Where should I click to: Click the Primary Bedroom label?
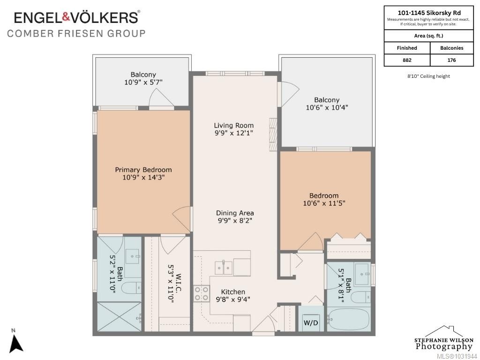[143, 170]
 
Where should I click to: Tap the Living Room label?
[233, 126]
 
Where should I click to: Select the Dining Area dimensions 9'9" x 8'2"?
[235, 221]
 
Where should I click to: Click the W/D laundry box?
[311, 318]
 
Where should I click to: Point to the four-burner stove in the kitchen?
[202, 293]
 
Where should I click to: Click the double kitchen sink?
[224, 268]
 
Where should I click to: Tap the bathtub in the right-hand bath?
[349, 319]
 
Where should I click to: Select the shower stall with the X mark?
[119, 316]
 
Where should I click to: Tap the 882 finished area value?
[407, 60]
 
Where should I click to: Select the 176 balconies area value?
[451, 60]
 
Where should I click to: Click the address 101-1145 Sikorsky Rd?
[429, 13]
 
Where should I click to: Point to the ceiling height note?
[428, 76]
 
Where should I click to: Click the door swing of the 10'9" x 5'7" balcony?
[162, 97]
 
